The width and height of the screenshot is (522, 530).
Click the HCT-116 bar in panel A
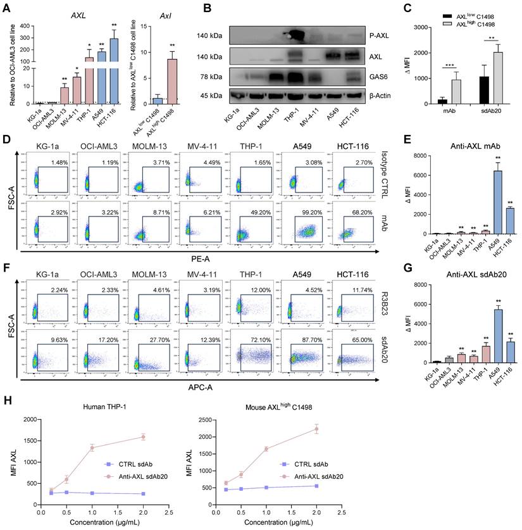point(115,70)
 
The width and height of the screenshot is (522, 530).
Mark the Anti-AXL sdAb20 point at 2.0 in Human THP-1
point(144,437)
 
